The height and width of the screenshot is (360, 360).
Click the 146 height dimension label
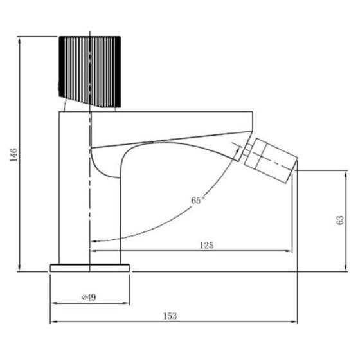pyautogui.click(x=13, y=154)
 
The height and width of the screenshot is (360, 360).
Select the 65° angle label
pyautogui.click(x=198, y=201)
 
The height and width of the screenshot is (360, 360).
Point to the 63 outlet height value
pyautogui.click(x=340, y=221)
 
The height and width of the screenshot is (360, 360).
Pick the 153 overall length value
pyautogui.click(x=170, y=316)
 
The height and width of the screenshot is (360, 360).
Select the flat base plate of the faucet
pyautogui.click(x=90, y=266)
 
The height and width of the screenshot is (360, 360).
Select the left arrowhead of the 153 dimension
pyautogui.click(x=53, y=321)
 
